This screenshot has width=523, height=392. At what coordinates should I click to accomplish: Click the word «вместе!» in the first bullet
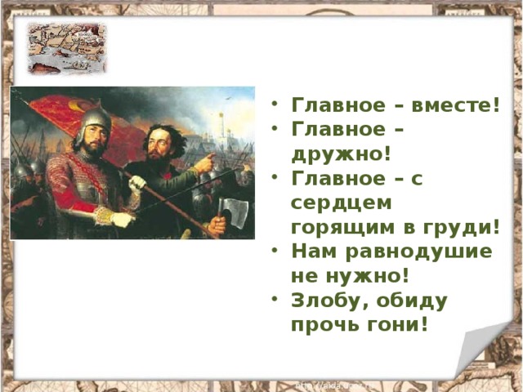click(457, 105)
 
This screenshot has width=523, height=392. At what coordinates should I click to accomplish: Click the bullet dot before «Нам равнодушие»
click(277, 251)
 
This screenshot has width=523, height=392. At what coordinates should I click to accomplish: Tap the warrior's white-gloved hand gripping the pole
click(137, 182)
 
